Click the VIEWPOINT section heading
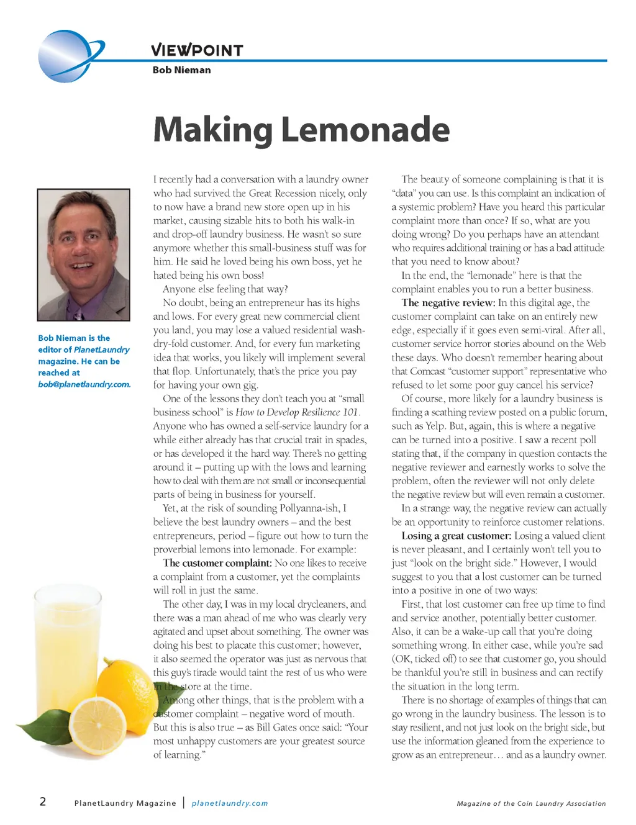197,50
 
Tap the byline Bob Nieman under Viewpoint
181,70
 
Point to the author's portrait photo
84,255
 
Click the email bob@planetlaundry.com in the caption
84,384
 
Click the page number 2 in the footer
43,801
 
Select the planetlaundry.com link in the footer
230,803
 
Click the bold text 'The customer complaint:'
217,563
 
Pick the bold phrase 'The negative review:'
448,303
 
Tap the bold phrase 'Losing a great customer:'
457,536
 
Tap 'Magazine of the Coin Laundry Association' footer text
531,803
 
